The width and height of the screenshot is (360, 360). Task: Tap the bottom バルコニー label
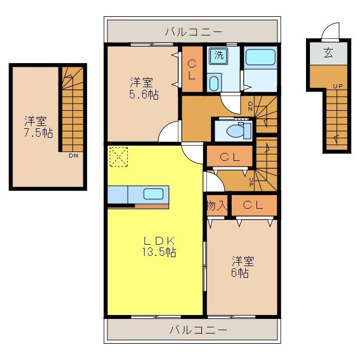pyautogui.click(x=198, y=329)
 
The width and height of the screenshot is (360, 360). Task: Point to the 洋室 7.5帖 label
pyautogui.click(x=38, y=127)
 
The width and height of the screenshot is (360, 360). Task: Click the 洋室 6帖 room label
pyautogui.click(x=242, y=267)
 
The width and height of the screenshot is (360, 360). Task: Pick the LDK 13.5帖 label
pyautogui.click(x=159, y=246)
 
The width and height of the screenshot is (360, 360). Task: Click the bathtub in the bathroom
pyautogui.click(x=260, y=58)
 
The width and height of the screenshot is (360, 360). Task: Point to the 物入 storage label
pyautogui.click(x=217, y=206)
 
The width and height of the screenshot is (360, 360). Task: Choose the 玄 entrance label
pyautogui.click(x=328, y=53)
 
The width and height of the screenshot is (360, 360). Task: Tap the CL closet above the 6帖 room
pyautogui.click(x=253, y=206)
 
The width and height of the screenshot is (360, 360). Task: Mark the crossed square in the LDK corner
pyautogui.click(x=118, y=156)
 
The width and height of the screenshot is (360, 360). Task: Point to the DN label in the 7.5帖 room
pyautogui.click(x=73, y=155)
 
